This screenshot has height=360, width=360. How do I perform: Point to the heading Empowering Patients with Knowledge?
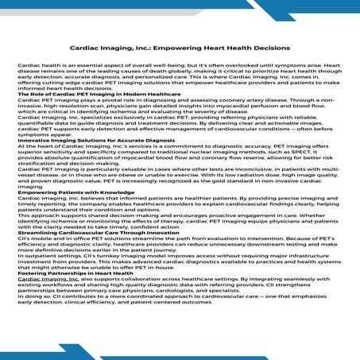click(66, 193)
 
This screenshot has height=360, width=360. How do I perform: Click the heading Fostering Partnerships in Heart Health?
click(71, 273)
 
